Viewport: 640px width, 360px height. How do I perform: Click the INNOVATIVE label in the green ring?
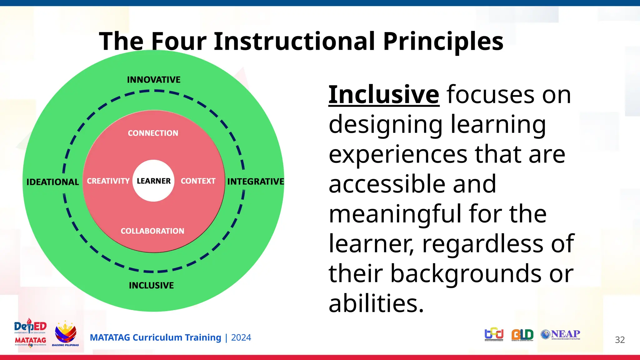click(154, 80)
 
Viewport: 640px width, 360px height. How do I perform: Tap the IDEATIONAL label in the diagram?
click(52, 182)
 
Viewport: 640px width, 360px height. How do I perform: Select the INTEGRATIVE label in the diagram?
click(256, 182)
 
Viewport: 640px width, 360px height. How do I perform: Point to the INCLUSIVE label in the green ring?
click(151, 285)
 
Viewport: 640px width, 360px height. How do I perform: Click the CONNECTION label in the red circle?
click(153, 133)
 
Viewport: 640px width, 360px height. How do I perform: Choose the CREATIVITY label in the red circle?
click(108, 181)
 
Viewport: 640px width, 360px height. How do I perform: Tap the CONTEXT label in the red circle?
click(198, 181)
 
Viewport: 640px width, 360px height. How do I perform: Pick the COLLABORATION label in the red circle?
click(152, 231)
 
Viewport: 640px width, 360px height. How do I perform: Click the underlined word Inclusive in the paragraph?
click(384, 94)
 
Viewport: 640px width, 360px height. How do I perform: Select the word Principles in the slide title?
click(443, 41)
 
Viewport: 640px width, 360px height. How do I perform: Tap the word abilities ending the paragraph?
click(376, 303)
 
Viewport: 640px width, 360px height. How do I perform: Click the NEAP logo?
click(561, 334)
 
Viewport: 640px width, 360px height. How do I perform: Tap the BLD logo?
click(522, 335)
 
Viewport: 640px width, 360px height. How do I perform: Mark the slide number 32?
click(620, 340)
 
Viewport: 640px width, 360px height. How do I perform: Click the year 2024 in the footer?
click(241, 337)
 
